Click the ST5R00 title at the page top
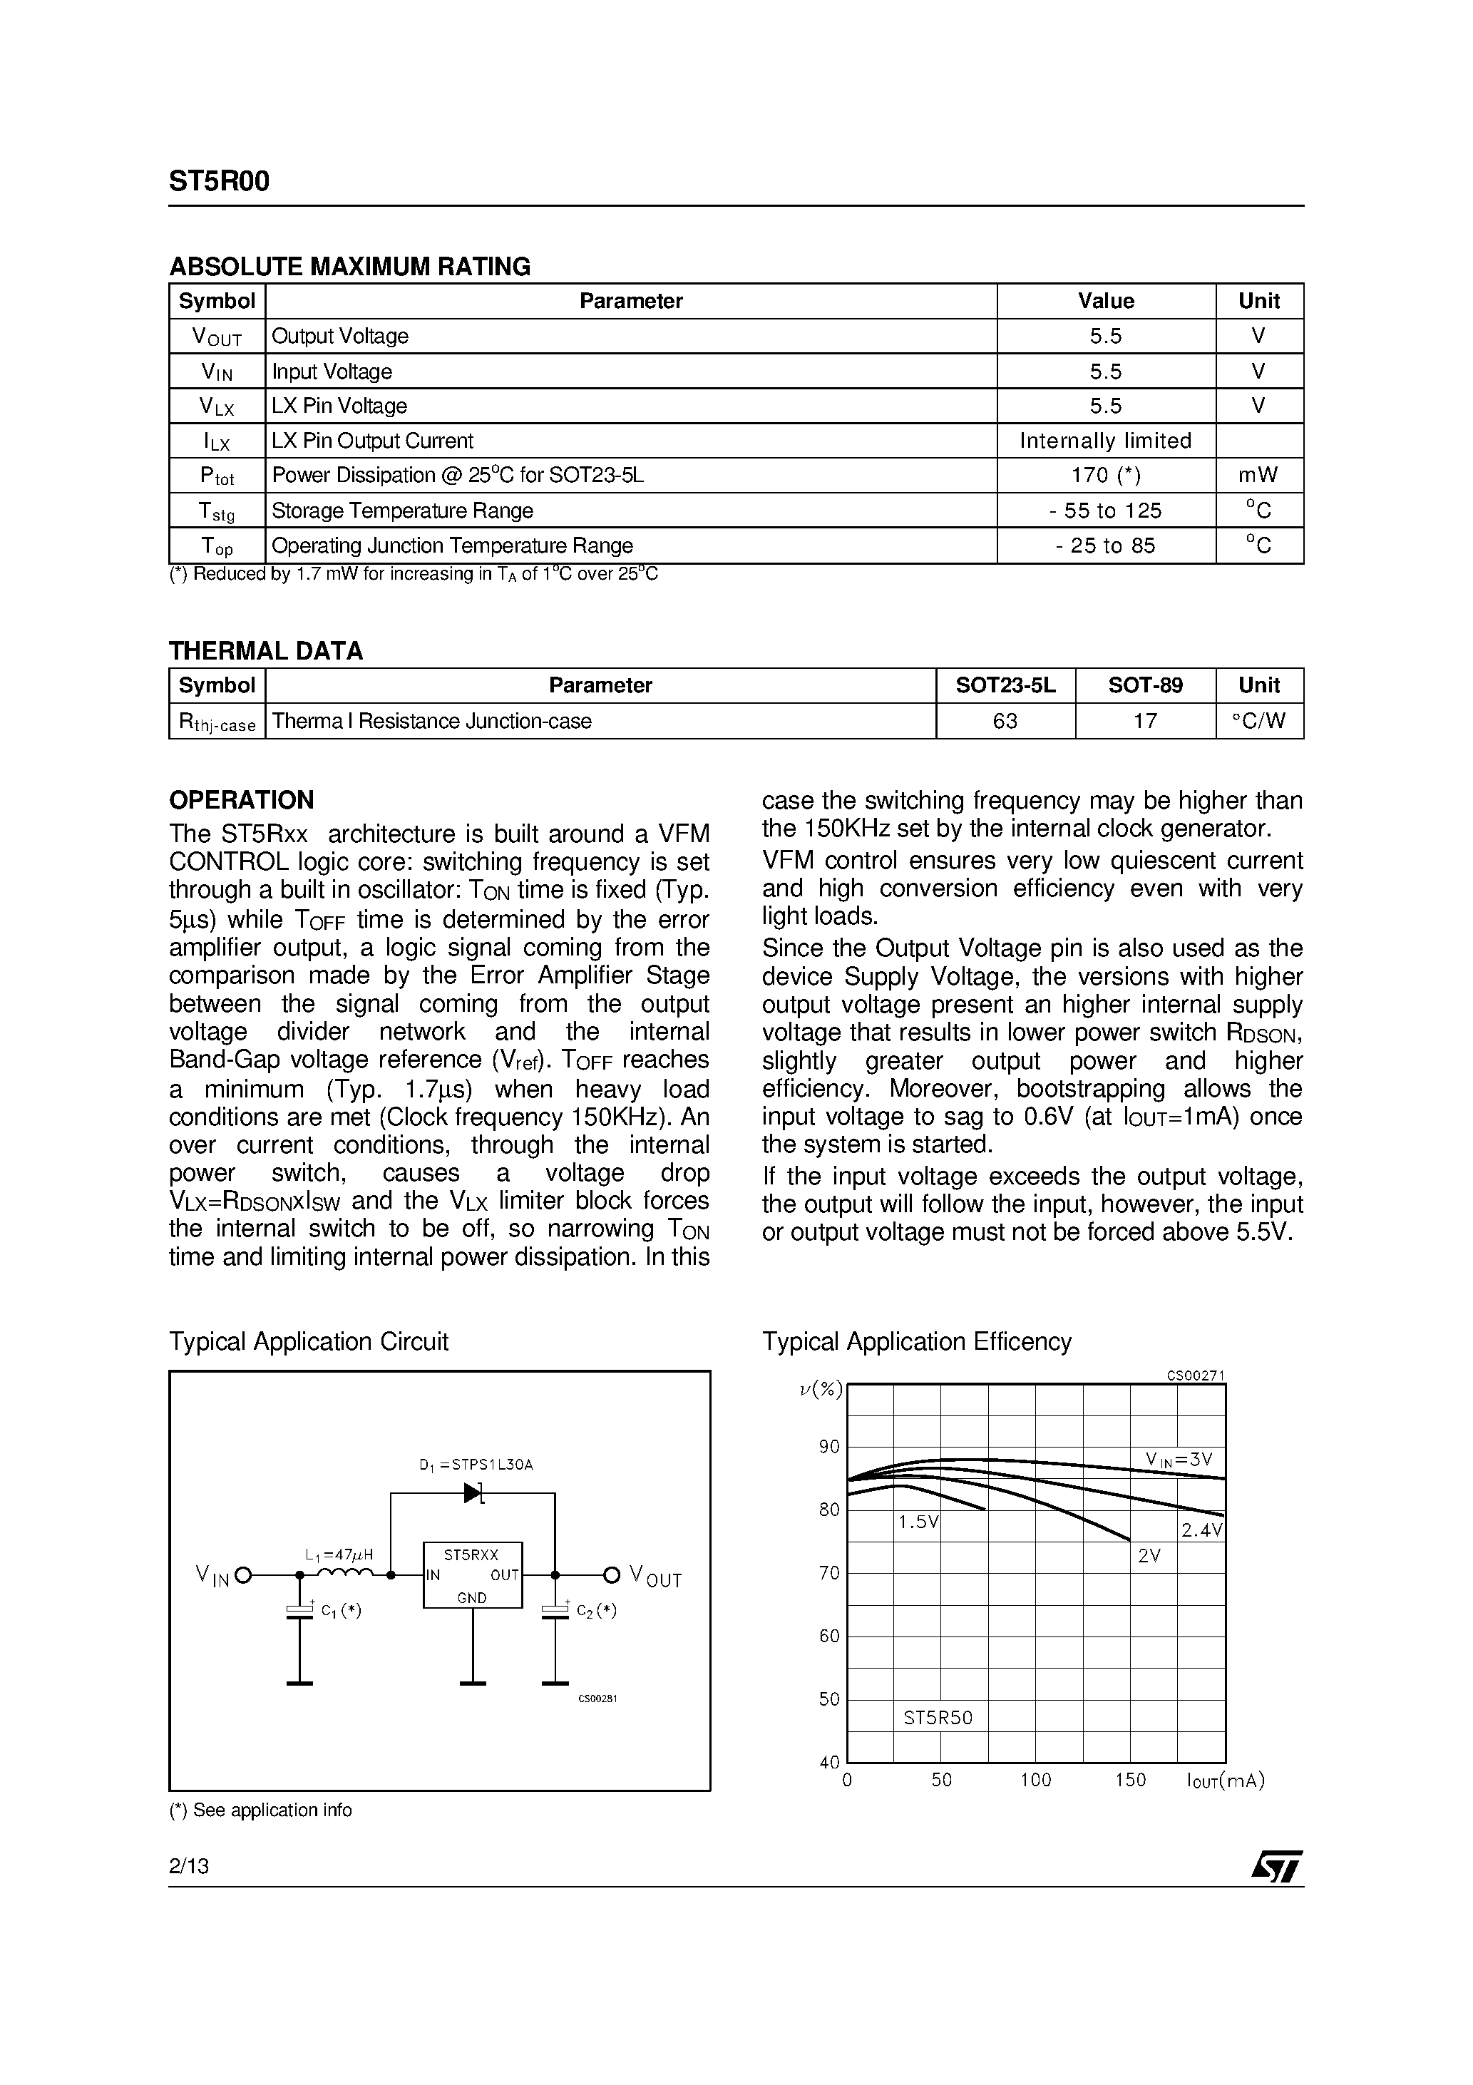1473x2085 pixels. point(219,183)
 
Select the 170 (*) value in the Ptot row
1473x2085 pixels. point(1105,475)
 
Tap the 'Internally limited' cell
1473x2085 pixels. point(1105,441)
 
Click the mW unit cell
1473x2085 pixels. point(1258,475)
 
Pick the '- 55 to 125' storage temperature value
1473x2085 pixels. point(1105,511)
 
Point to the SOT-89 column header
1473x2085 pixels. point(1145,686)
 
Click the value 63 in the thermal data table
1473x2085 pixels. point(1005,721)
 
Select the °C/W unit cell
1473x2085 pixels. point(1258,721)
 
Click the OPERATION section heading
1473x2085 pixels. point(242,800)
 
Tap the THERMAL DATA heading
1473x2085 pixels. point(266,651)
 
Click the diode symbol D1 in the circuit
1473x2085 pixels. point(473,1493)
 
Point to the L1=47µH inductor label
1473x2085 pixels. point(339,1554)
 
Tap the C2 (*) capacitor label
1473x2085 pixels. point(597,1611)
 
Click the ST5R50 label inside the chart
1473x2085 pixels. point(938,1717)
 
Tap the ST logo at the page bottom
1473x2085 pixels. point(1277,1867)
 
